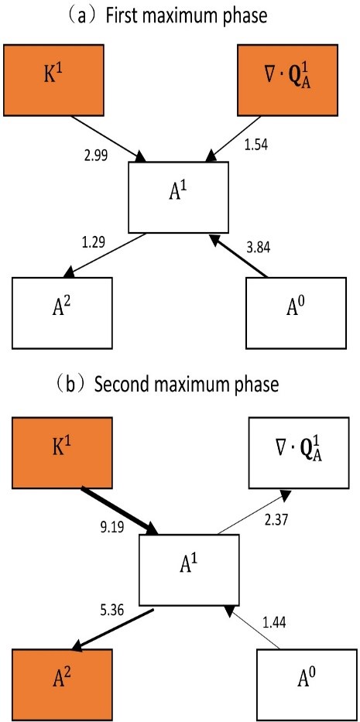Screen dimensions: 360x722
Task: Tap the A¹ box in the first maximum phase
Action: [178, 197]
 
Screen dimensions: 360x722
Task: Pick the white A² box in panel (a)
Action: [62, 312]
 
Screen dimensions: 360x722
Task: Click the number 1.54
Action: [256, 145]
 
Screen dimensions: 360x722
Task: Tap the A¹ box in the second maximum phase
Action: [189, 570]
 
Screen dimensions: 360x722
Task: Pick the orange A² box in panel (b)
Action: [62, 685]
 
